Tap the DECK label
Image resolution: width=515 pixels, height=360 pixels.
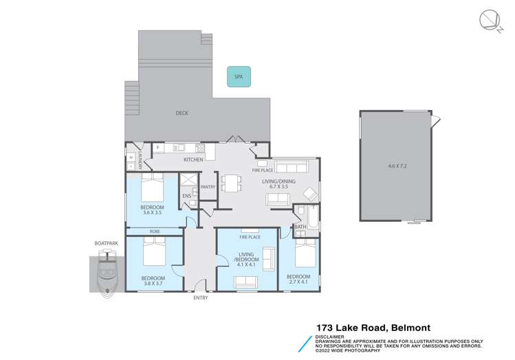tap(182, 113)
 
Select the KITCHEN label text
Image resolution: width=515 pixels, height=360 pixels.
tap(193, 160)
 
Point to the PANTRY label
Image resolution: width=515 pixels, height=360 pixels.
tap(208, 187)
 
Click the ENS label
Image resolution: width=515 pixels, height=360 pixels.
tap(186, 196)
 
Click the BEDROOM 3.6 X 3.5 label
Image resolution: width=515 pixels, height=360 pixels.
tap(152, 210)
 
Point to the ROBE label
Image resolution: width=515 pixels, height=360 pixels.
tap(155, 232)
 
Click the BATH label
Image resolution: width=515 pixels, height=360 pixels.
tap(300, 227)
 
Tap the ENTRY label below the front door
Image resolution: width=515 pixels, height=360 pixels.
tap(201, 297)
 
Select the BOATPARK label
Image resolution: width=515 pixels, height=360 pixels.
tap(106, 243)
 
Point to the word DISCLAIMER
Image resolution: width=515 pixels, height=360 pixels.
tap(330, 337)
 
